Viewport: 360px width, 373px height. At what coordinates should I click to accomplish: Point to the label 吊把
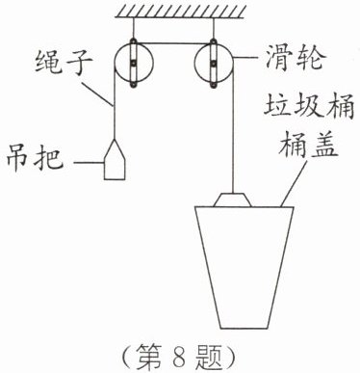click(36, 157)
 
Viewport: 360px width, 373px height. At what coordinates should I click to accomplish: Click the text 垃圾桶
click(309, 106)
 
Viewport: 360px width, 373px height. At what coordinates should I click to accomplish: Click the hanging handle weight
click(115, 160)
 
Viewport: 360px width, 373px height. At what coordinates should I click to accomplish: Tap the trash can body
click(244, 268)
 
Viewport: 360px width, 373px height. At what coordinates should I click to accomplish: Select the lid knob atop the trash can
click(233, 200)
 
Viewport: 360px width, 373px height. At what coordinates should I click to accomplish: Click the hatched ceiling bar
click(181, 12)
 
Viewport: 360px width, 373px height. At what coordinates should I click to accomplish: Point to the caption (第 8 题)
click(179, 358)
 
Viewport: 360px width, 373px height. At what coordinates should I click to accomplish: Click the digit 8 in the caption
click(179, 358)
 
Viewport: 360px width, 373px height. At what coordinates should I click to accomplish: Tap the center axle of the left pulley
click(134, 64)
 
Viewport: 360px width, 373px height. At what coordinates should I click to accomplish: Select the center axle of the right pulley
click(214, 64)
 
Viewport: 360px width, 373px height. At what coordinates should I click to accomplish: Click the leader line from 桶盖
click(294, 182)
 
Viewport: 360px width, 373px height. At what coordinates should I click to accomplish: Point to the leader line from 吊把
click(89, 163)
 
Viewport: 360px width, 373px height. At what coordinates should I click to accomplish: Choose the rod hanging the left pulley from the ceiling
click(134, 28)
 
